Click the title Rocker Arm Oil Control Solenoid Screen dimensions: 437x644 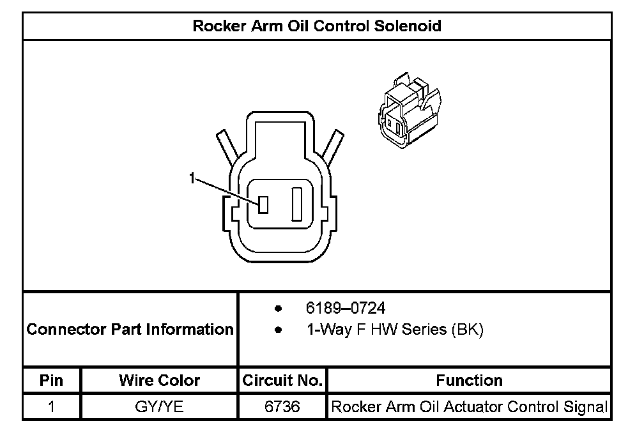click(x=317, y=26)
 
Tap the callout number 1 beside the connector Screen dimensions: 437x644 click(x=192, y=178)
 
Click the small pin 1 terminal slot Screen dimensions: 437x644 click(x=263, y=205)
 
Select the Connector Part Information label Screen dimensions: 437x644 click(x=130, y=330)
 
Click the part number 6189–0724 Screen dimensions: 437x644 click(x=346, y=309)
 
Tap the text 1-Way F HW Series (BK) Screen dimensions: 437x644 click(x=395, y=330)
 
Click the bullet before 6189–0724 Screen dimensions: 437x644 click(x=278, y=309)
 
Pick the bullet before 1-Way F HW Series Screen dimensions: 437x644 click(x=278, y=331)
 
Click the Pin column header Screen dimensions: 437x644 click(x=51, y=381)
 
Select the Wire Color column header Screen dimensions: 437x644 click(x=159, y=381)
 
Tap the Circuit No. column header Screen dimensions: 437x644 click(x=282, y=381)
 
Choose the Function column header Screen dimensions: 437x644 click(x=469, y=381)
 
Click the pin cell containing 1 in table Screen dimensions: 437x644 click(x=51, y=406)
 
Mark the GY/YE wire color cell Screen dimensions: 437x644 click(x=159, y=406)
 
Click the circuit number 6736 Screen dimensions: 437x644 click(x=282, y=406)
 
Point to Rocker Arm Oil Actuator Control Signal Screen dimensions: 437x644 click(x=469, y=406)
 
